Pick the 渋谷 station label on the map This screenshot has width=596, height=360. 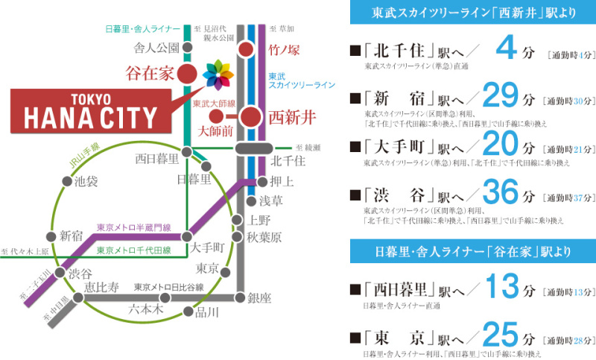point(81,274)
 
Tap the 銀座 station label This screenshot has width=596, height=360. point(261,298)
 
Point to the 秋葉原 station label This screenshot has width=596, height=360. point(266,237)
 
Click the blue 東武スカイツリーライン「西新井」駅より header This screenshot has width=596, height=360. point(474,13)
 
